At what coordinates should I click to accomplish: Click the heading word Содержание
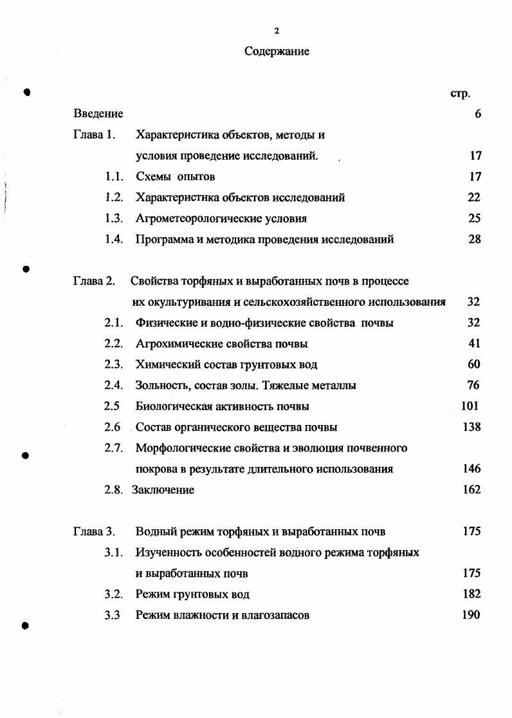click(277, 52)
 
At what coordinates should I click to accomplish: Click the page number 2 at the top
click(277, 30)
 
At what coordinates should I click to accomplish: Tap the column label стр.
click(460, 93)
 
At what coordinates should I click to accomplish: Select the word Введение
click(98, 114)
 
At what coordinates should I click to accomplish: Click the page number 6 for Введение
click(478, 114)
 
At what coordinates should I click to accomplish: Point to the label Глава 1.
click(94, 135)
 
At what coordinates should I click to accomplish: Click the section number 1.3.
click(114, 218)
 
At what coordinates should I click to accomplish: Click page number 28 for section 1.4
click(475, 240)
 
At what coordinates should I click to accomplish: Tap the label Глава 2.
click(94, 281)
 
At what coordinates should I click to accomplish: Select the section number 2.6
click(113, 427)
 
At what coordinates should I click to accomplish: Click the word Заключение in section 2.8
click(163, 490)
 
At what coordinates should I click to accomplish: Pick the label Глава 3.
click(94, 532)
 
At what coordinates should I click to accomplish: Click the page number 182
click(471, 594)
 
